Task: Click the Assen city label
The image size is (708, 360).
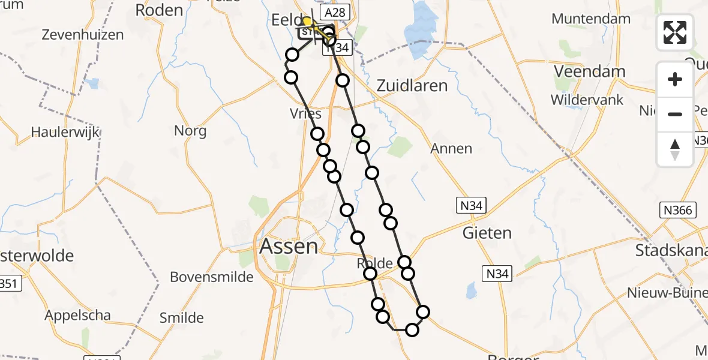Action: pos(289,246)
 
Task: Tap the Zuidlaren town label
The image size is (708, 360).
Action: pos(412,86)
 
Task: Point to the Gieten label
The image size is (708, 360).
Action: pos(487,233)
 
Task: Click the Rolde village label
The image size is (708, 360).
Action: pos(375,263)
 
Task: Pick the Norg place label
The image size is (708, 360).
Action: pos(190,131)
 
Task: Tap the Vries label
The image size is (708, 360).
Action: pos(305,114)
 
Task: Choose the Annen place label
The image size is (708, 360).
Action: pos(452,148)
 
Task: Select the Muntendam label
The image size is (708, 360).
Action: pos(591,19)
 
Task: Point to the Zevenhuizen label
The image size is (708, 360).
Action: pos(83,35)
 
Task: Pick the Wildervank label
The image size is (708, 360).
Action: pos(588,100)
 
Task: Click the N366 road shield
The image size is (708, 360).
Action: pos(678,210)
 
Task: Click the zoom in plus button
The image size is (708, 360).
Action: pos(675,79)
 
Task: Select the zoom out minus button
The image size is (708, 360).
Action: pos(675,114)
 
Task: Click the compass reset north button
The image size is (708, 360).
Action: pos(675,149)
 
